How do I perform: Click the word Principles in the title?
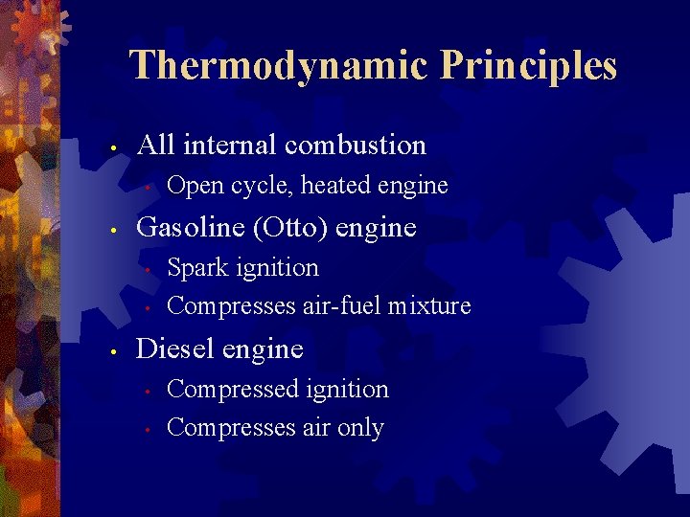coord(529,66)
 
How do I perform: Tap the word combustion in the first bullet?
coord(356,146)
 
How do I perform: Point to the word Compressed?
coord(233,390)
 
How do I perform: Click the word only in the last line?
coord(360,428)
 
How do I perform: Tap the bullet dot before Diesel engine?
coord(113,351)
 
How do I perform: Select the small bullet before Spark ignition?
coord(148,270)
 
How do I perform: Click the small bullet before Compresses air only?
coord(148,430)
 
